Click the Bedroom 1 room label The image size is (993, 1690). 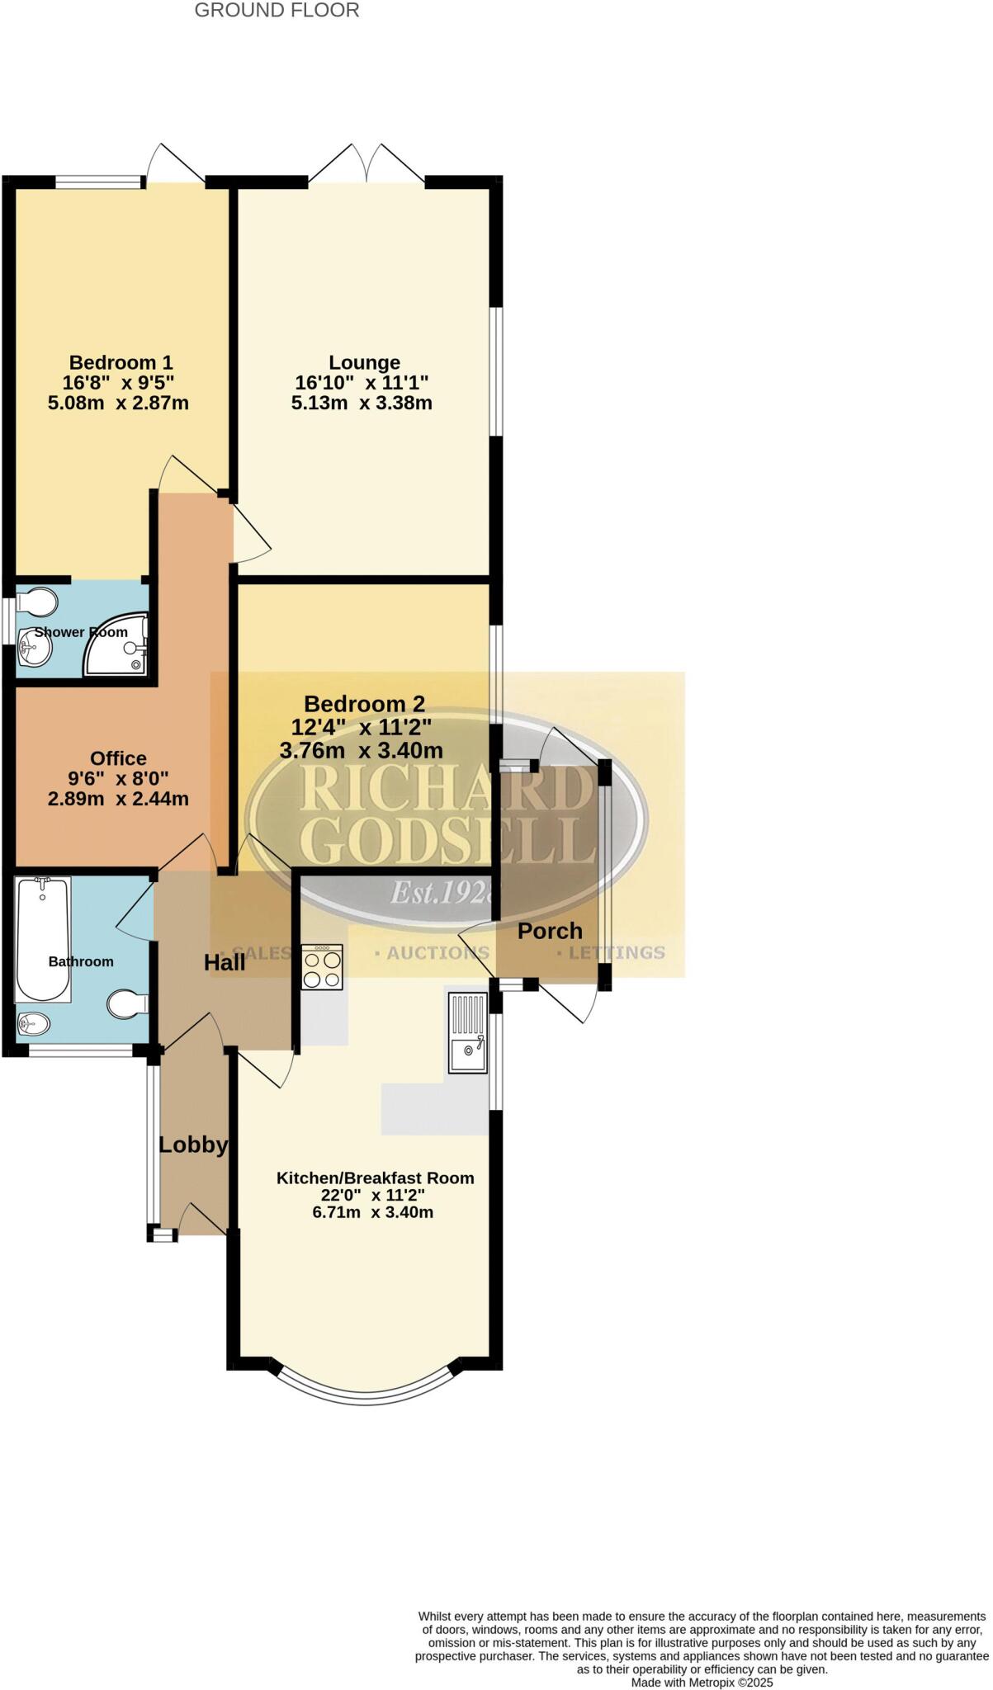pos(121,362)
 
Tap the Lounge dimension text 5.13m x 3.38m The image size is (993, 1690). pos(362,403)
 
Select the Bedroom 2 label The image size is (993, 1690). pos(364,704)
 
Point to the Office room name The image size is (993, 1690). pos(118,758)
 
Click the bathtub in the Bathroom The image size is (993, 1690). pos(43,939)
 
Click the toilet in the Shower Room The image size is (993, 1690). pos(36,602)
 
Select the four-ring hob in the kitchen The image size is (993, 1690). pos(322,967)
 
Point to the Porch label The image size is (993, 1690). pos(550,931)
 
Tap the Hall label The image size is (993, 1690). pos(225,962)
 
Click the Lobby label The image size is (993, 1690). pos(193,1145)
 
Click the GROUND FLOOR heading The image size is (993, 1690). pos(277,11)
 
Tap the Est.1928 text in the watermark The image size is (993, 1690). pos(443,892)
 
